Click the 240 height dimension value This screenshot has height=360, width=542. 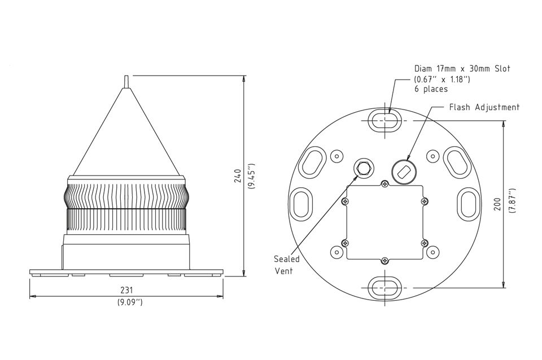pos(238,175)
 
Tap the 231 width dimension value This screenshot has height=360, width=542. pos(126,289)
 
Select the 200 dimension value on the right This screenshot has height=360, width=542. pos(497,204)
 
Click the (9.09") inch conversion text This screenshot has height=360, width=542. pos(130,302)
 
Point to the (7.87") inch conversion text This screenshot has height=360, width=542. pos(512,201)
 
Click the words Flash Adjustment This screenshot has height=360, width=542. pos(484,107)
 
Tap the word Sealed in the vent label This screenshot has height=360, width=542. pos(287,259)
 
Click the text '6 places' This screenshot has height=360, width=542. pos(431,89)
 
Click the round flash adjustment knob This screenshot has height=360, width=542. pos(403,172)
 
